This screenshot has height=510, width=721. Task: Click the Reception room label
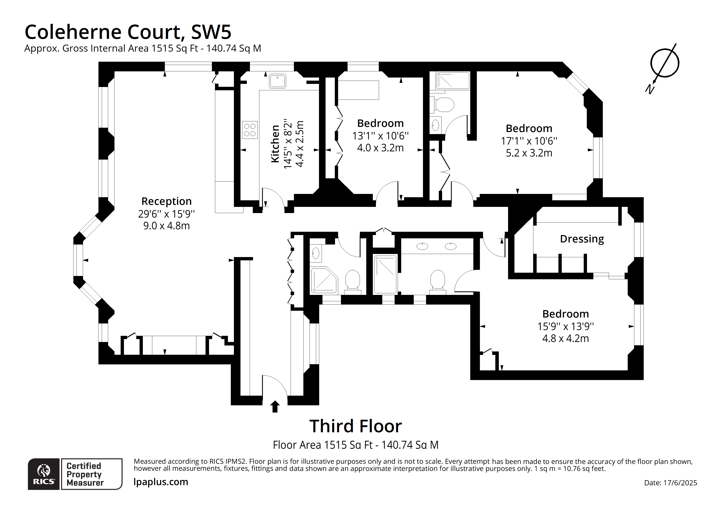pyautogui.click(x=166, y=201)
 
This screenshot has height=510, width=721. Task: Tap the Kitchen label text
pyautogui.click(x=275, y=144)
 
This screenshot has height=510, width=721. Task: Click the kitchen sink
pyautogui.click(x=277, y=81)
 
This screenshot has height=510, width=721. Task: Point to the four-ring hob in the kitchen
pyautogui.click(x=250, y=130)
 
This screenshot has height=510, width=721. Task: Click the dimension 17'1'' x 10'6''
pyautogui.click(x=529, y=141)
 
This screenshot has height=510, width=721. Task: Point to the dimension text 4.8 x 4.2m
pyautogui.click(x=565, y=338)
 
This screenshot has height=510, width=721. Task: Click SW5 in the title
pyautogui.click(x=211, y=32)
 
